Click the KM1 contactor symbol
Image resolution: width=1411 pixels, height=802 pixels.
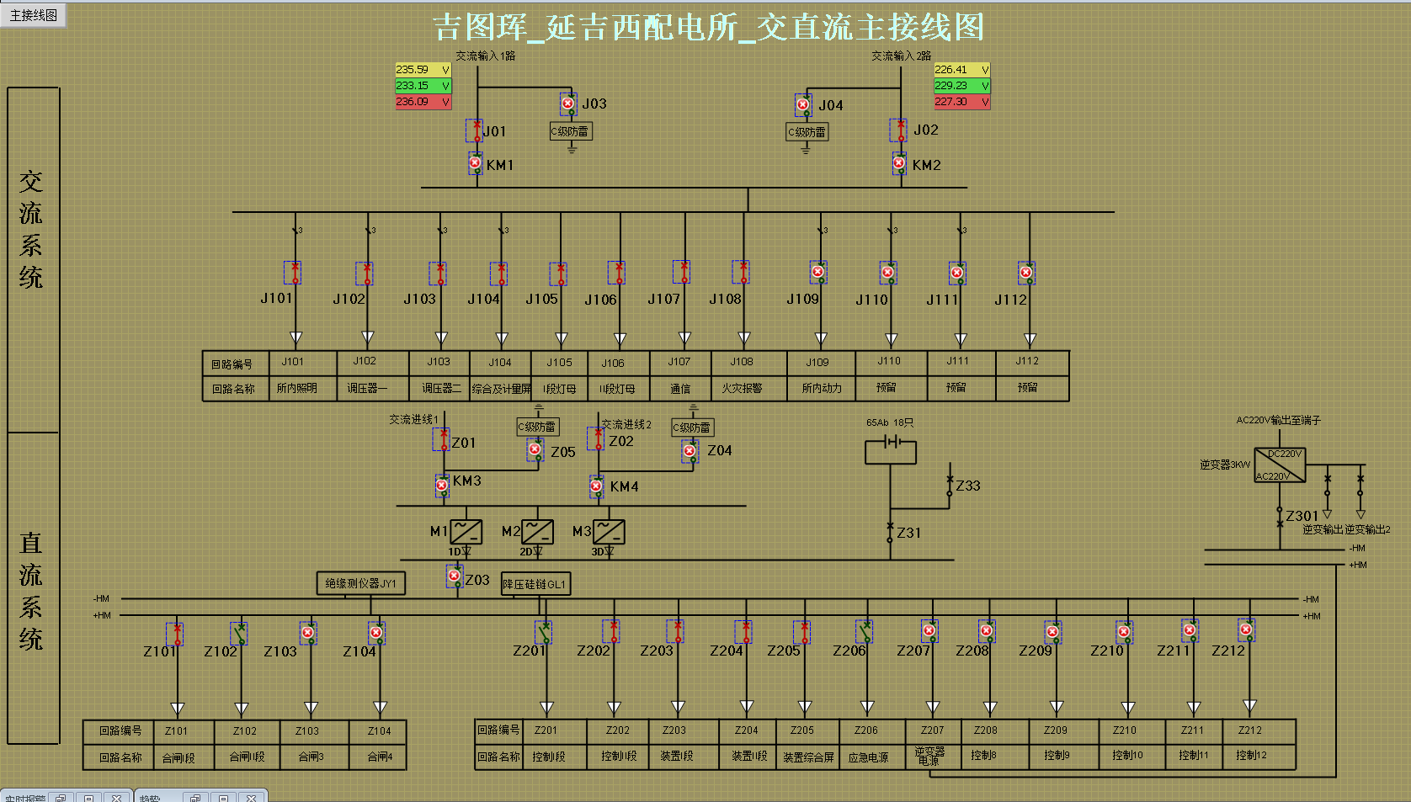pyautogui.click(x=476, y=163)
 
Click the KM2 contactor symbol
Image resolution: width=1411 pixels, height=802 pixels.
pyautogui.click(x=899, y=163)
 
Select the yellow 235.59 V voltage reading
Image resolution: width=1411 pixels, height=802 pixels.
pyautogui.click(x=423, y=70)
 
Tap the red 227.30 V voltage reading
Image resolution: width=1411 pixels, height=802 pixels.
pyautogui.click(x=961, y=102)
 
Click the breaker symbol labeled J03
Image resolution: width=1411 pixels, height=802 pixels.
pyautogui.click(x=568, y=104)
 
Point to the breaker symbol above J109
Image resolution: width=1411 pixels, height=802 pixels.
pyautogui.click(x=817, y=273)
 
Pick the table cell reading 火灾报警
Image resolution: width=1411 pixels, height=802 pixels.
pyautogui.click(x=742, y=388)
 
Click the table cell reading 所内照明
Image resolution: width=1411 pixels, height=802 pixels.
pyautogui.click(x=296, y=388)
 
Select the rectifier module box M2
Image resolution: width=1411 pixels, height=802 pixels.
pyautogui.click(x=537, y=532)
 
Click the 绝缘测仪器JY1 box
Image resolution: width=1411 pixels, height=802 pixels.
pyautogui.click(x=360, y=583)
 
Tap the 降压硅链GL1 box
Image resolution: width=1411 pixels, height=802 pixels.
pyautogui.click(x=535, y=584)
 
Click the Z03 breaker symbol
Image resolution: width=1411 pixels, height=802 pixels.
pyautogui.click(x=455, y=576)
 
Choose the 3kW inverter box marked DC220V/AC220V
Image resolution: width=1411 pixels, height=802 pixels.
pyautogui.click(x=1280, y=465)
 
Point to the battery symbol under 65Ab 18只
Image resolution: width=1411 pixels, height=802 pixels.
pyautogui.click(x=891, y=443)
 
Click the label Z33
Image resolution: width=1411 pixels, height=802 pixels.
pyautogui.click(x=968, y=486)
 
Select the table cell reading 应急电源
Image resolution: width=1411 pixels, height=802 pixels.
pyautogui.click(x=868, y=757)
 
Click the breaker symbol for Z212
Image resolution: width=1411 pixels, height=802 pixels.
pyautogui.click(x=1246, y=629)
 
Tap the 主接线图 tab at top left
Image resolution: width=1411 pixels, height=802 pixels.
pyautogui.click(x=34, y=14)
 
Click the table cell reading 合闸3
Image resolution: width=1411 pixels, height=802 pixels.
pyautogui.click(x=311, y=757)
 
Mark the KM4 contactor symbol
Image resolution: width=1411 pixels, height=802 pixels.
pyautogui.click(x=596, y=486)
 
